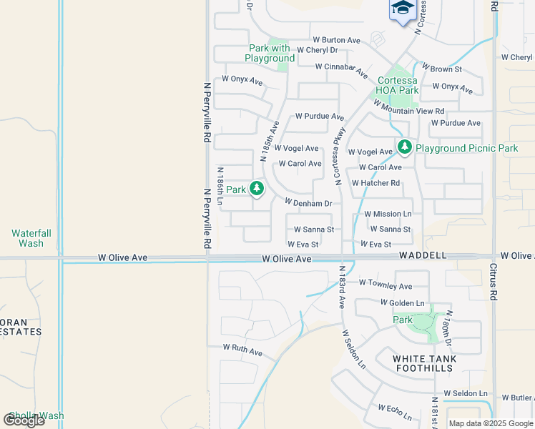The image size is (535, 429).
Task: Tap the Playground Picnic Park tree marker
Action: [405, 147]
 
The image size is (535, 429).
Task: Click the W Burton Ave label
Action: [336, 41]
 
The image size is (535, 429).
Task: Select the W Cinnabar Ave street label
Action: [343, 69]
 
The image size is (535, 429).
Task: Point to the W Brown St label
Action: [442, 68]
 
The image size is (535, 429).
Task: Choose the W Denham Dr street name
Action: [308, 203]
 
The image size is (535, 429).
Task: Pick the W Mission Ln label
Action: [388, 214]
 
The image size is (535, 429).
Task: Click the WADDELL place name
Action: [423, 255]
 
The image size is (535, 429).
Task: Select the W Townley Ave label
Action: [386, 284]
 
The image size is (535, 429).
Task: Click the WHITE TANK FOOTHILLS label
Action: [424, 363]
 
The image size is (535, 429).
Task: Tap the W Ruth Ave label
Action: [242, 350]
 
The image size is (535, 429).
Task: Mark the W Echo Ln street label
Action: [396, 413]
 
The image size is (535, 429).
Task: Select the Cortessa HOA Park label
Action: [398, 85]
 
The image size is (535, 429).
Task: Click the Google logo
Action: [24, 420]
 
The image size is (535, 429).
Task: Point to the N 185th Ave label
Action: [269, 140]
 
